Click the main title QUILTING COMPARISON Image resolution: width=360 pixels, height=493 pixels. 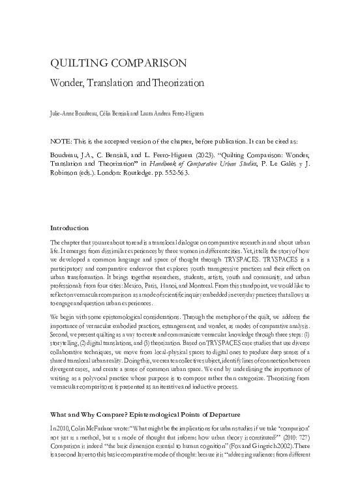click(119, 63)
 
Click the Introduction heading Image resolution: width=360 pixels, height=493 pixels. click(69, 228)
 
